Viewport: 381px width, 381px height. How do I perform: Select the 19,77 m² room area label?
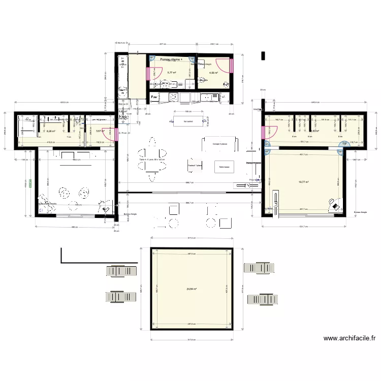coord(304,181)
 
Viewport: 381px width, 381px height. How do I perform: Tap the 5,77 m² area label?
coord(171,73)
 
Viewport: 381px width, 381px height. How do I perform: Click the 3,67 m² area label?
coord(100,131)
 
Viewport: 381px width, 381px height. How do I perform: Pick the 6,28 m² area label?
coord(51,131)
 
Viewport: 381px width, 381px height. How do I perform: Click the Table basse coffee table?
coord(224,167)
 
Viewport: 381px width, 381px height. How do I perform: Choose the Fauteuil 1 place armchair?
coord(195,165)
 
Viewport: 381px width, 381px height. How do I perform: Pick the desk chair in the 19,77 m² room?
coord(336,205)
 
